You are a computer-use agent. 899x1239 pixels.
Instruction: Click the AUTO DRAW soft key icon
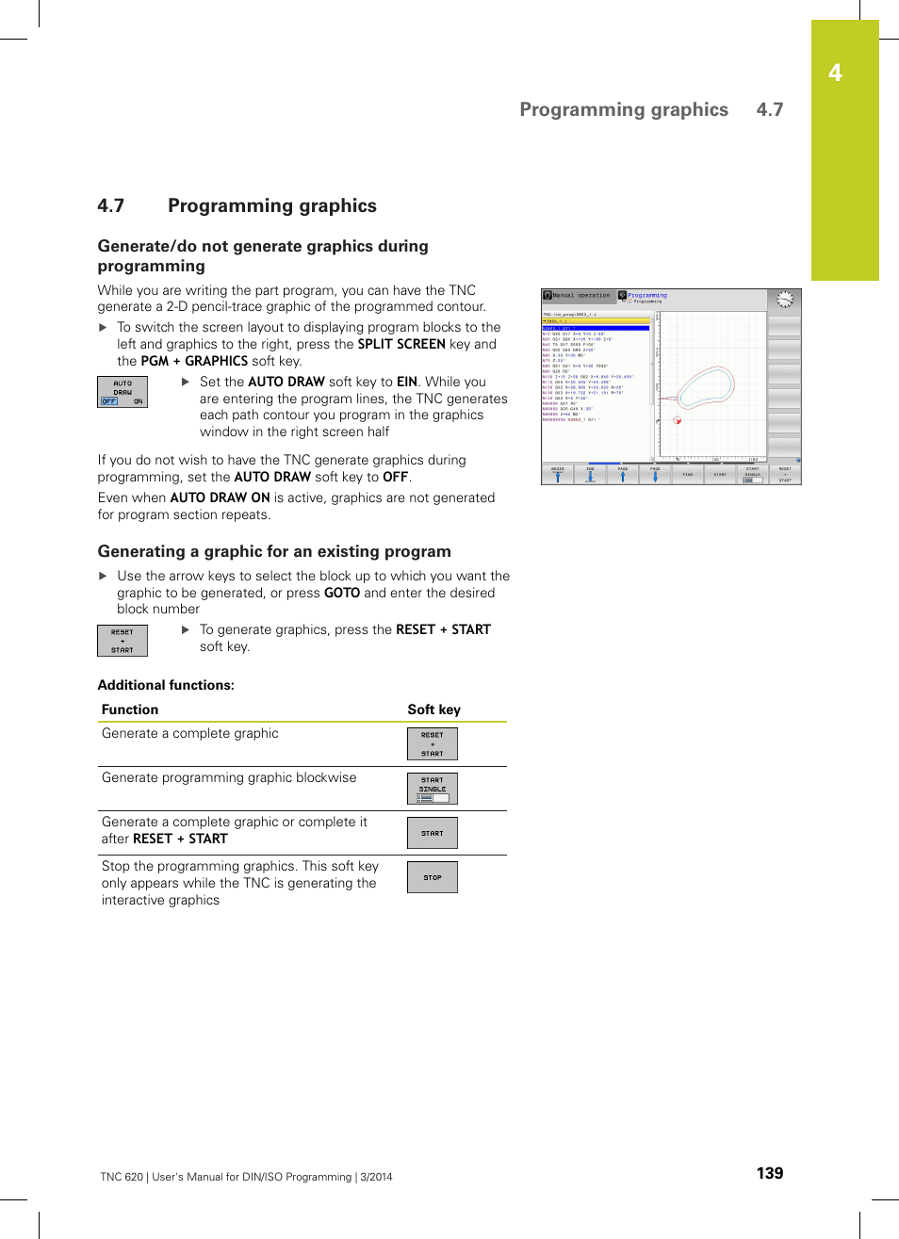click(x=123, y=392)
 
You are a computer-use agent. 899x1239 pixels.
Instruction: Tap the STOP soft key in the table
click(x=432, y=877)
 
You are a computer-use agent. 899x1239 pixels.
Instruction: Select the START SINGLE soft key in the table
click(x=432, y=789)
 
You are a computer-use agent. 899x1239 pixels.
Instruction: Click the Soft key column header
click(x=433, y=709)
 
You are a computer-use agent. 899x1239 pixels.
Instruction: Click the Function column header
click(x=130, y=709)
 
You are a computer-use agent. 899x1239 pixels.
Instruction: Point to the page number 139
click(x=769, y=1173)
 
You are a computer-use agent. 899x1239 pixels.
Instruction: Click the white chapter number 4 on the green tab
click(x=835, y=73)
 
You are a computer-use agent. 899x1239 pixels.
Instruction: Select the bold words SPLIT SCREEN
click(x=401, y=344)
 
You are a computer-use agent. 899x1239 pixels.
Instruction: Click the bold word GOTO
click(x=342, y=593)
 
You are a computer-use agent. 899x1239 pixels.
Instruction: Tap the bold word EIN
click(x=406, y=382)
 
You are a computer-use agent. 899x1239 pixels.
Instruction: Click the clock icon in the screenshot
click(x=784, y=300)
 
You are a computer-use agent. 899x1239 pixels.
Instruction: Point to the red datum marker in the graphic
click(x=677, y=420)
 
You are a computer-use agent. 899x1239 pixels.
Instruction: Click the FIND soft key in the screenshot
click(x=687, y=474)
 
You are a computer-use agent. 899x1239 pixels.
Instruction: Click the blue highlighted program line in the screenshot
click(x=596, y=328)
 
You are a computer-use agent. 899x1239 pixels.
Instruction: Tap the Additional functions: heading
click(x=166, y=685)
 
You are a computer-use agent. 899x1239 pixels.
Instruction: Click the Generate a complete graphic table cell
click(x=190, y=733)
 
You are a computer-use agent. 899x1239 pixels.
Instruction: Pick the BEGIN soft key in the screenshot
click(x=557, y=474)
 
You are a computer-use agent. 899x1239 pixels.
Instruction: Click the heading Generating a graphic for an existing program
click(x=274, y=551)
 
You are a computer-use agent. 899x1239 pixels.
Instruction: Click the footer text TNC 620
click(x=122, y=1177)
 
